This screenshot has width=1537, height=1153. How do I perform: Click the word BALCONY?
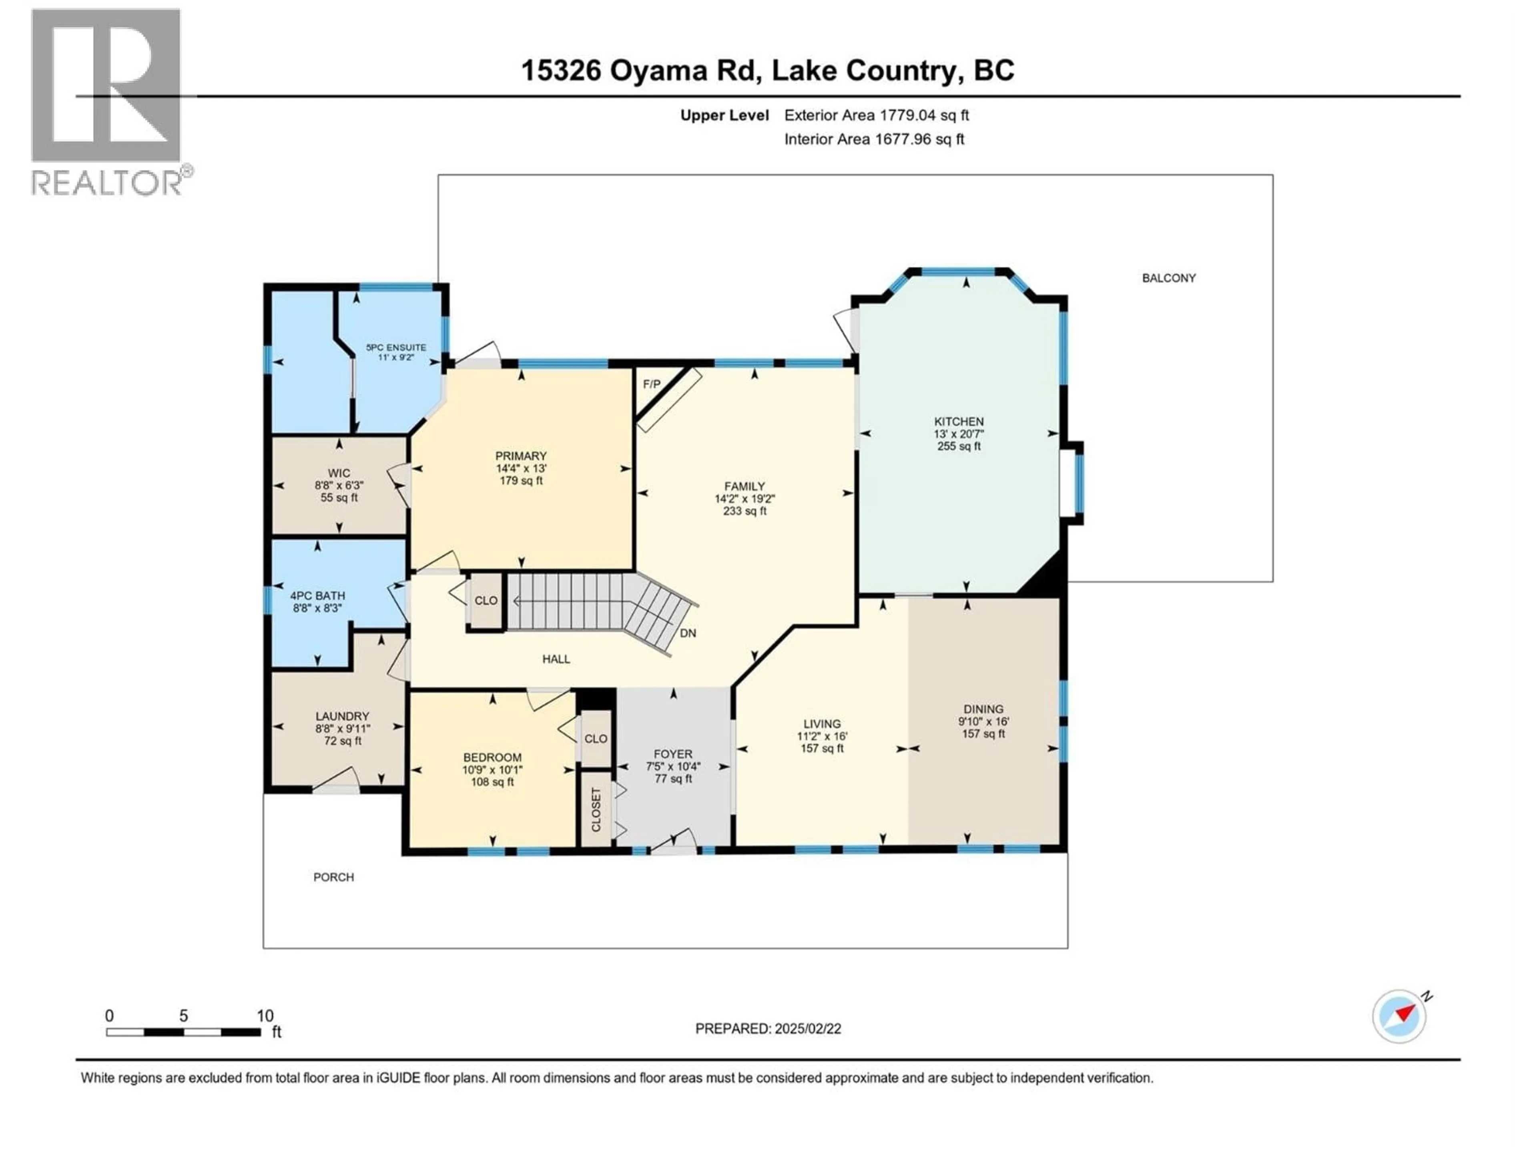click(x=1169, y=278)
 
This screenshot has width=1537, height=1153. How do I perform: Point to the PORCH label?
click(x=333, y=877)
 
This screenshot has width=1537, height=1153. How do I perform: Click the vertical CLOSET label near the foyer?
click(x=596, y=810)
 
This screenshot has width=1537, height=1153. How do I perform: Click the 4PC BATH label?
click(x=317, y=596)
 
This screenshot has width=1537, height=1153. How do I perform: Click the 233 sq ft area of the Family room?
click(x=744, y=511)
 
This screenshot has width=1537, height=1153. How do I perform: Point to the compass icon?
click(x=1399, y=1016)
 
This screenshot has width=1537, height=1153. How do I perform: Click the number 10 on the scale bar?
click(x=265, y=1015)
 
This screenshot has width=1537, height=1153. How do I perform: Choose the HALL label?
click(x=556, y=659)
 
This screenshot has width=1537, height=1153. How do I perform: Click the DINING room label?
click(x=983, y=709)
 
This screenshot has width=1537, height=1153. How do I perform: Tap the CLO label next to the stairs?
click(x=486, y=601)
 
